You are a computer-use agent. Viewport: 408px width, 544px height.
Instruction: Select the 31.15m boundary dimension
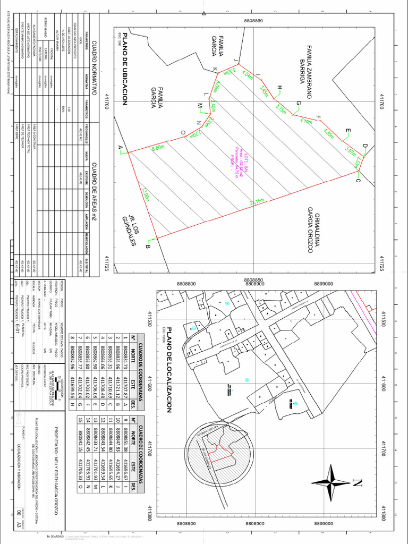(257, 202)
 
